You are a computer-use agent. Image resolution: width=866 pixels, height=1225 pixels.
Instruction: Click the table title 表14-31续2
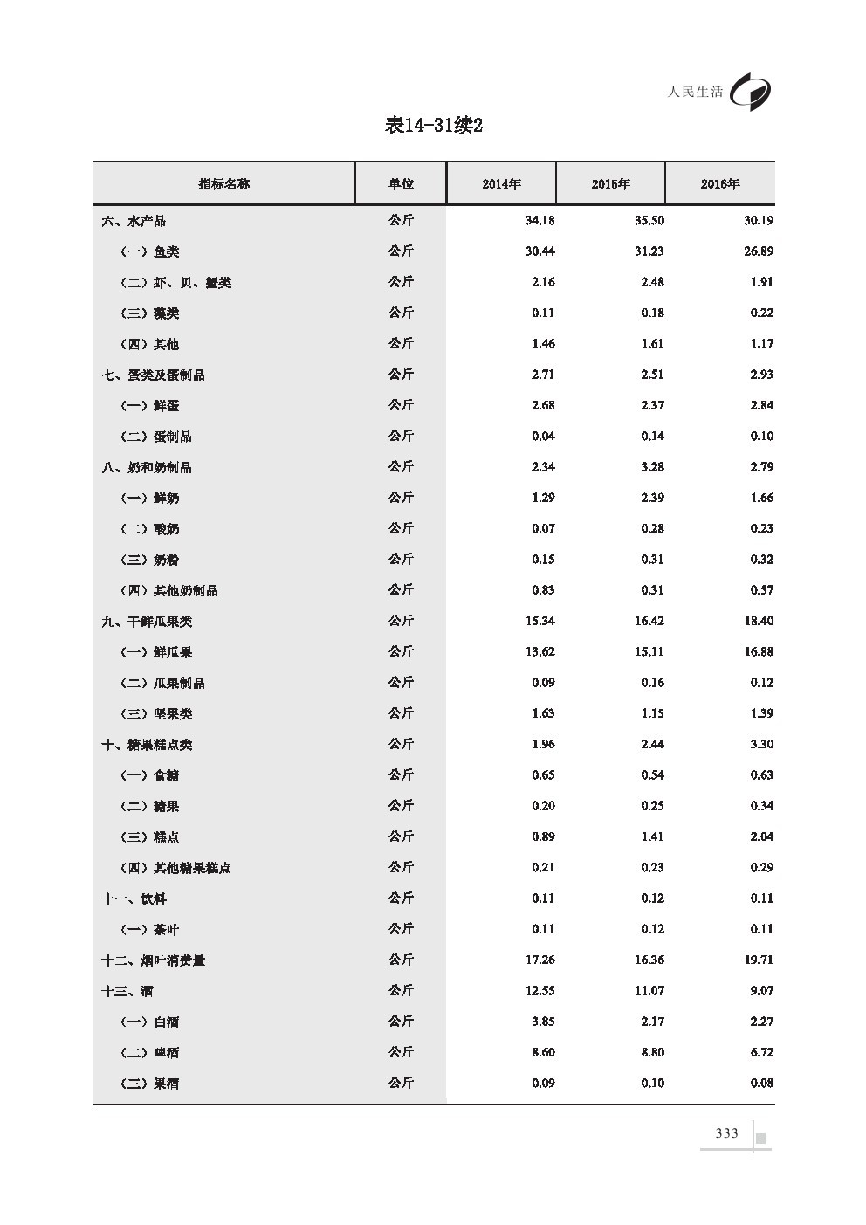point(434,126)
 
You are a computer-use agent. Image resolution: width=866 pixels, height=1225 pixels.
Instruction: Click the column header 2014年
point(501,184)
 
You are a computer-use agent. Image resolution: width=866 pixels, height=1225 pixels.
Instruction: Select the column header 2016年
point(719,184)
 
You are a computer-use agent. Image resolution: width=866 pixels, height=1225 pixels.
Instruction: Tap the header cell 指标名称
point(223,184)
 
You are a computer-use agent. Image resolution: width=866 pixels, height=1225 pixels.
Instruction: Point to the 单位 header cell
point(401,184)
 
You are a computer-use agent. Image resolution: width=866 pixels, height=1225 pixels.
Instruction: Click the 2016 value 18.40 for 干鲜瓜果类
point(759,621)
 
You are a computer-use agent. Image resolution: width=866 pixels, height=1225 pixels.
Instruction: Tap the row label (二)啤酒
point(149,1052)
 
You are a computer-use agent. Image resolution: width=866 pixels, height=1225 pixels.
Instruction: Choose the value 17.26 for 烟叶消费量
point(540,960)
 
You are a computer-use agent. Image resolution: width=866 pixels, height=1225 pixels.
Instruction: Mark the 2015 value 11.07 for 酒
point(649,990)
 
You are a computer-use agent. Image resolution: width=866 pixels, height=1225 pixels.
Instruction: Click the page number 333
point(726,1133)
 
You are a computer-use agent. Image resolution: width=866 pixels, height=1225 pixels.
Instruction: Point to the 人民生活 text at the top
point(695,91)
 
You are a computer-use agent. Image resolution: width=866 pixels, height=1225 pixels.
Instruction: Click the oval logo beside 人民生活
point(751,91)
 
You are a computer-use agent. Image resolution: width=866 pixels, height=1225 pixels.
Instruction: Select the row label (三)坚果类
point(155,713)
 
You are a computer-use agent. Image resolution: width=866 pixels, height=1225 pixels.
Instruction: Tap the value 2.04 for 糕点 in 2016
point(761,836)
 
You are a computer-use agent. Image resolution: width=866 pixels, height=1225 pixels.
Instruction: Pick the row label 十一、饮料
point(134,898)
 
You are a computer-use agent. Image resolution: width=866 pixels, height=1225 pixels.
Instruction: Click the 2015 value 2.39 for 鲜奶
point(652,498)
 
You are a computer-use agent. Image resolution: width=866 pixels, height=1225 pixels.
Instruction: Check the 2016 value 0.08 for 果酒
point(761,1083)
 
